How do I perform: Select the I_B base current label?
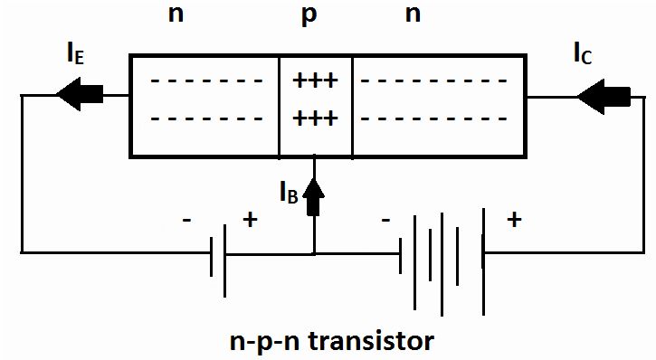pyautogui.click(x=287, y=193)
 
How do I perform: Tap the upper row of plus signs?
pyautogui.click(x=315, y=82)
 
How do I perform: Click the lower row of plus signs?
pyautogui.click(x=315, y=118)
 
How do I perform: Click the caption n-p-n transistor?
pyautogui.click(x=330, y=343)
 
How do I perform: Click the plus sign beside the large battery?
pyautogui.click(x=514, y=220)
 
